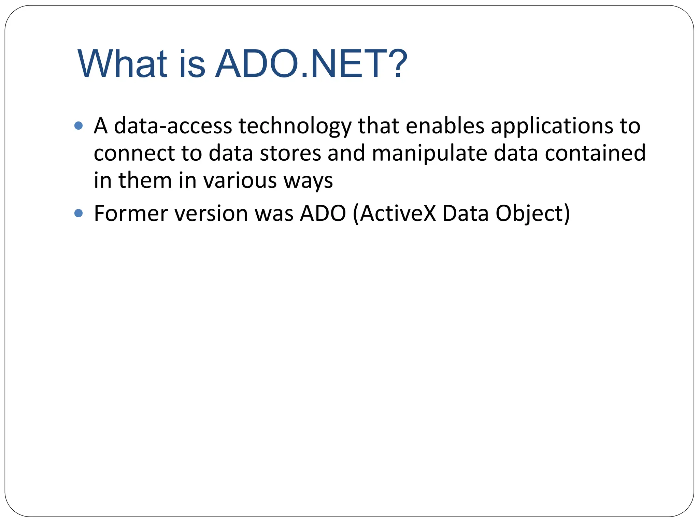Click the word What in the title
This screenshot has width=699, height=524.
pos(122,64)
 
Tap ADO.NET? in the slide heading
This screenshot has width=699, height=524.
pos(311,64)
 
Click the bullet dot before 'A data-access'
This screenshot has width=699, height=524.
pos(79,126)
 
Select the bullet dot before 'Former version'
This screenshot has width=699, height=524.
pos(79,214)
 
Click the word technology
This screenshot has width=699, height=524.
pos(295,126)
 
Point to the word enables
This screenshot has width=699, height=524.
pos(445,126)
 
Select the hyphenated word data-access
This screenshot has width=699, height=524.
pos(173,126)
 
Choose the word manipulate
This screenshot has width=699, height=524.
pos(429,154)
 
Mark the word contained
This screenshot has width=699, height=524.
pos(595,153)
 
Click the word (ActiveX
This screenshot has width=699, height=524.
pos(395,214)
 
